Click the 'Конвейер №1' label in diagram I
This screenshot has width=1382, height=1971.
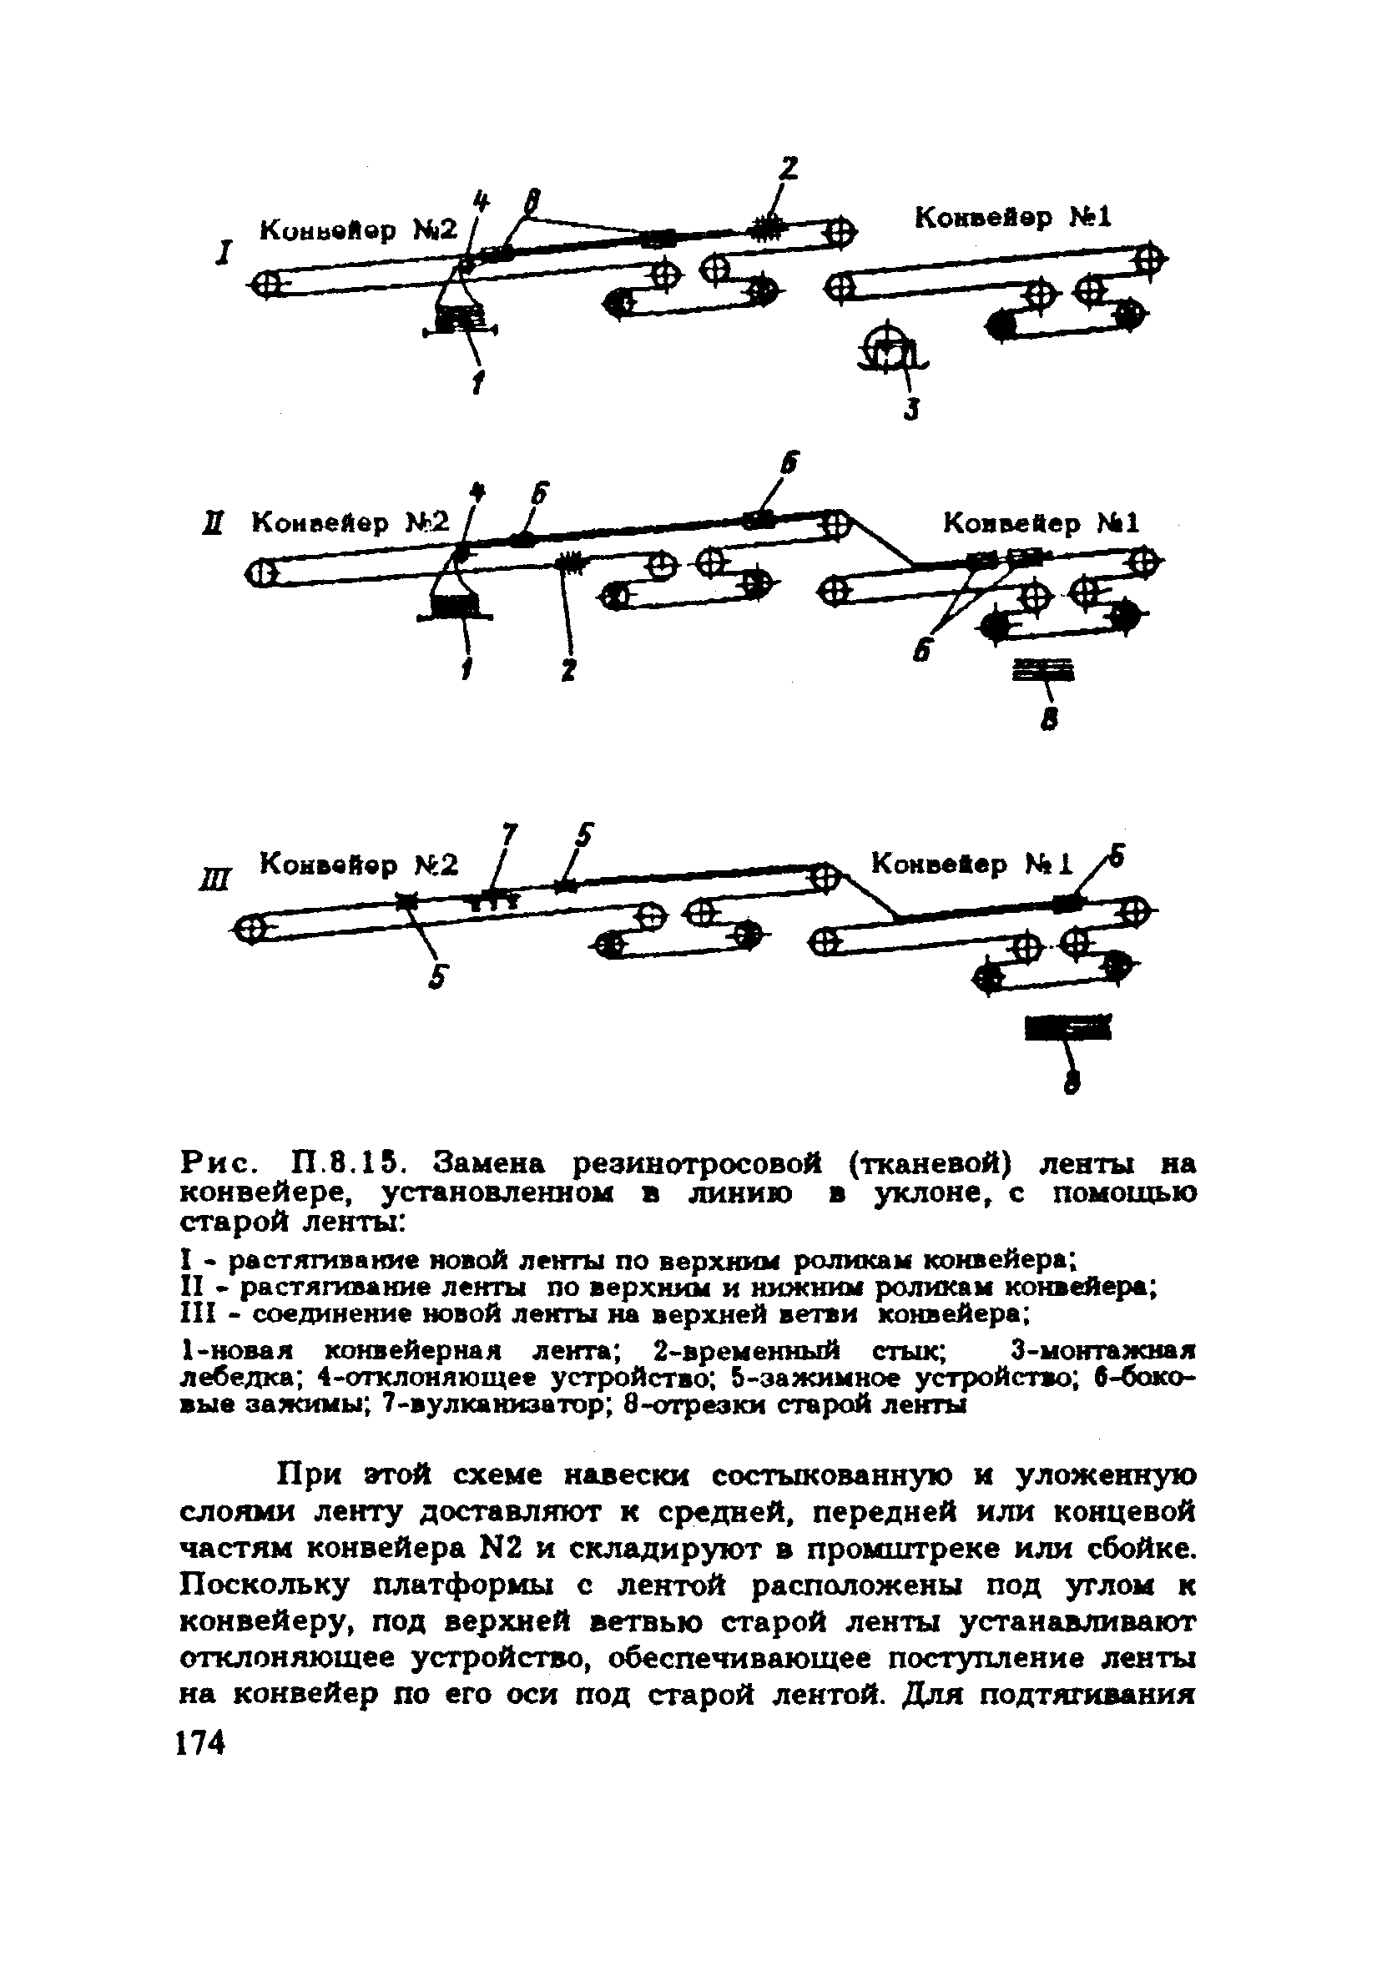[1012, 218]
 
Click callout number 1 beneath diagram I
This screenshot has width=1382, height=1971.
[477, 384]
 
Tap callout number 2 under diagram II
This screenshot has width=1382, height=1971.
[568, 670]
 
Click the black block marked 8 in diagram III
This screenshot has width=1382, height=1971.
[1067, 1026]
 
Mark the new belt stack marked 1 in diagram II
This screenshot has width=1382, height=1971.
[455, 606]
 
